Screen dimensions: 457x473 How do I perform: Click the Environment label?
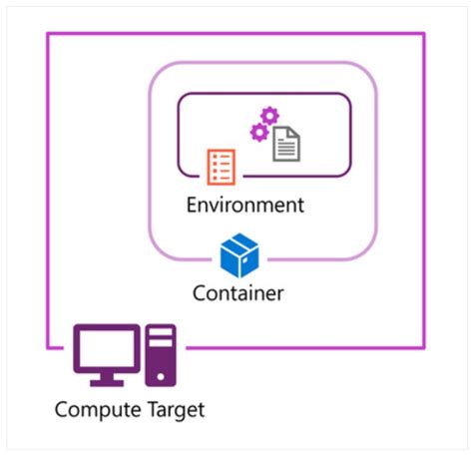click(x=244, y=207)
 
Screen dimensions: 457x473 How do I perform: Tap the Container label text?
click(x=237, y=293)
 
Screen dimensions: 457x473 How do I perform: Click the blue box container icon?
click(x=238, y=256)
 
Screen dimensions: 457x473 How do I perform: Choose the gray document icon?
click(x=286, y=143)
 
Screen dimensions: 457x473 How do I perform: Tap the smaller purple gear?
click(x=257, y=134)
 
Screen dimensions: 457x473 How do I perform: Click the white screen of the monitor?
click(x=106, y=348)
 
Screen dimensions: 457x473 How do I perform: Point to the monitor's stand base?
click(x=106, y=383)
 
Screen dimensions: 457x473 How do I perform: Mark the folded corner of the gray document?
click(x=294, y=131)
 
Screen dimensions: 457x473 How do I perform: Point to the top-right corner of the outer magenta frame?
click(x=424, y=33)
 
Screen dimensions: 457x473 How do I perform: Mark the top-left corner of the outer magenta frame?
click(x=48, y=33)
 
